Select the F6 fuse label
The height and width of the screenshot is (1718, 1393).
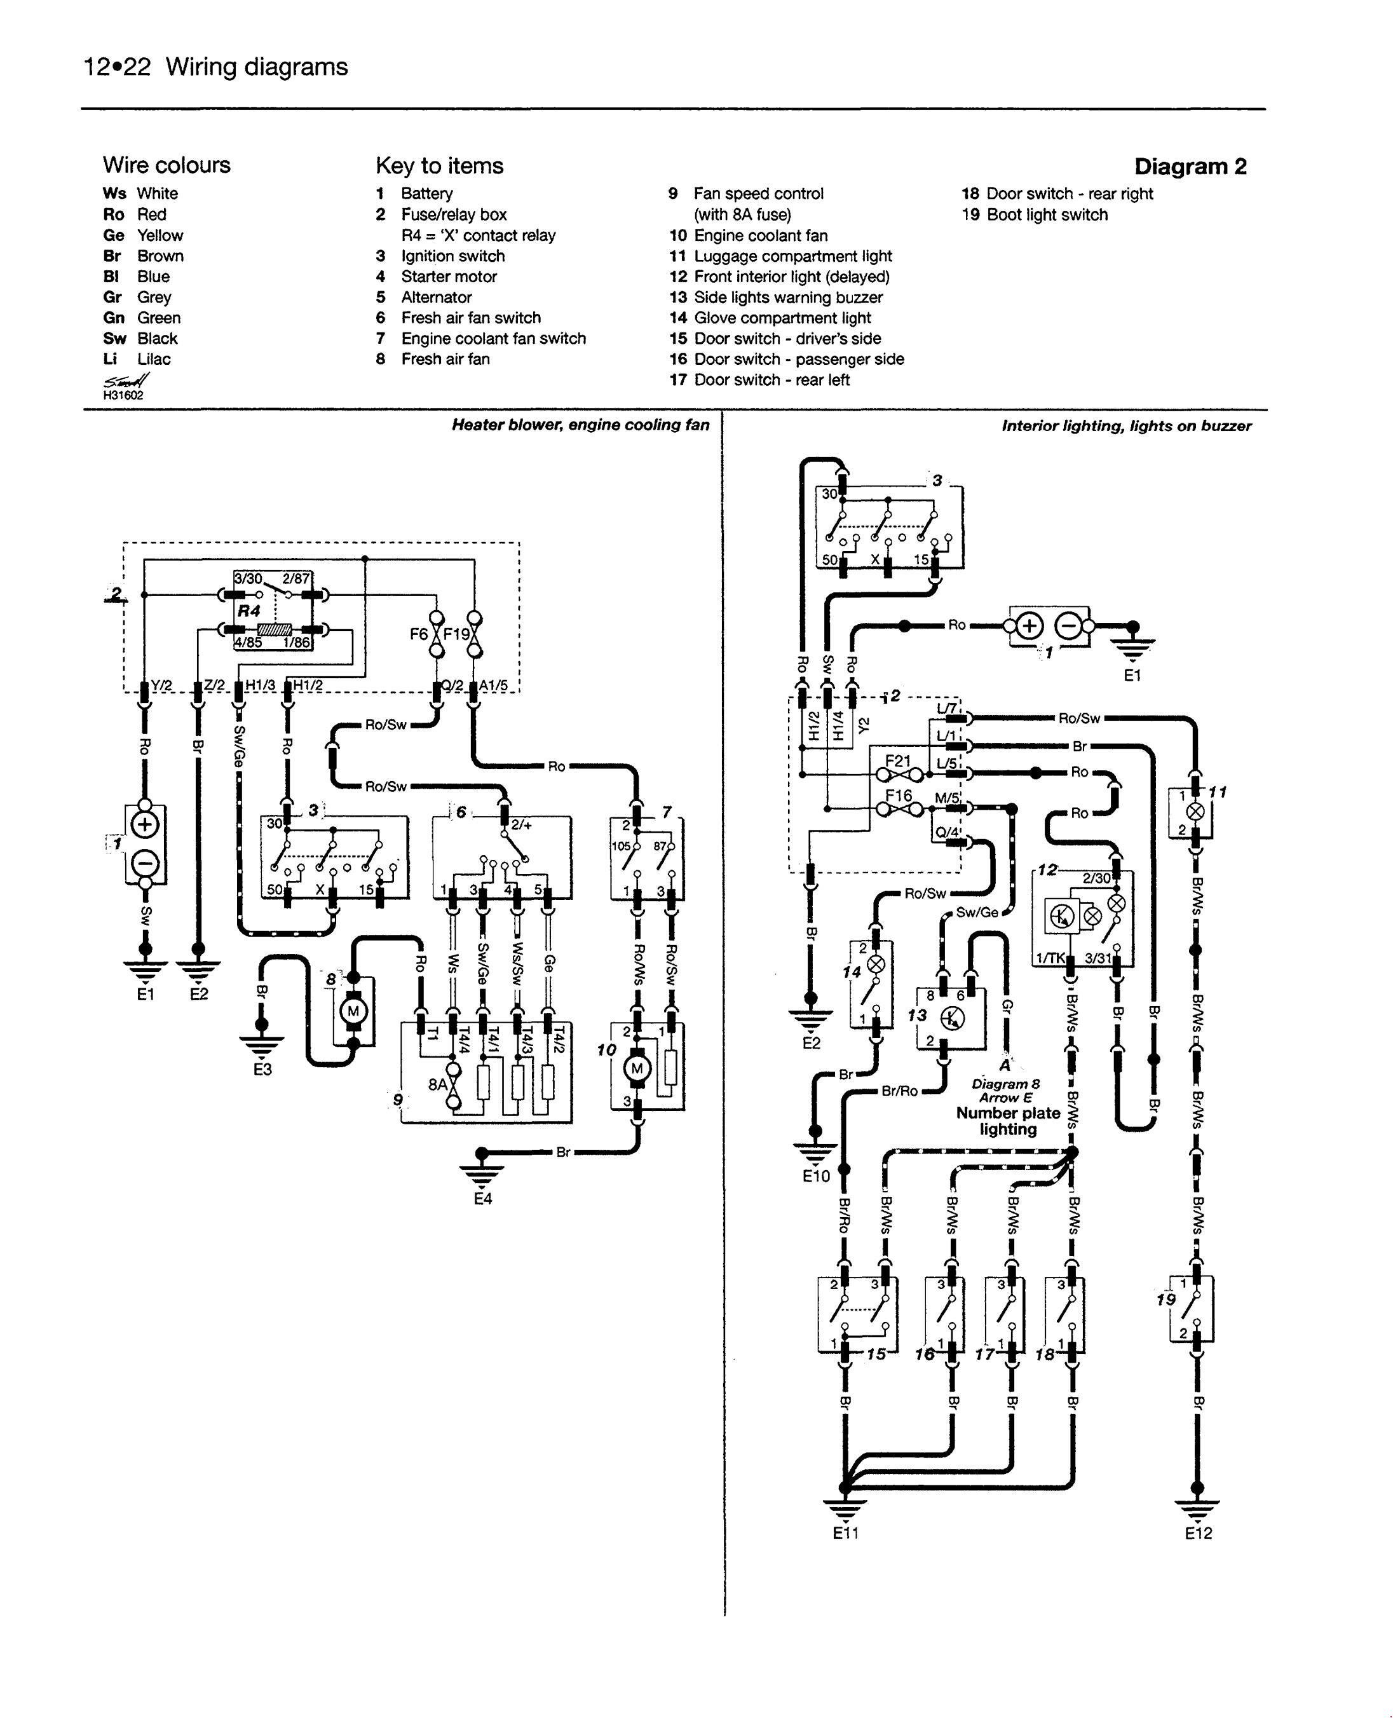click(419, 634)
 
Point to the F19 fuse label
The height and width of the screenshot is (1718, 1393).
click(456, 634)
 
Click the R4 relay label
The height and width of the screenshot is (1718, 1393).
click(250, 611)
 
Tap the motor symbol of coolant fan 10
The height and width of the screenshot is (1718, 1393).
click(638, 1068)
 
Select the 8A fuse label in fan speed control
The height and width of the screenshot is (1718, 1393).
click(437, 1085)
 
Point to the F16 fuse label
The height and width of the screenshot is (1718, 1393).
click(898, 795)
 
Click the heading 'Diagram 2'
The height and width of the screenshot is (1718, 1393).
click(1190, 167)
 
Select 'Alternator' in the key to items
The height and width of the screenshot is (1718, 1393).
click(437, 297)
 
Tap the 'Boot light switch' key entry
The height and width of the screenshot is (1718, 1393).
click(1047, 215)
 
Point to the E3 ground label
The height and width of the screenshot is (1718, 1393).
click(262, 1070)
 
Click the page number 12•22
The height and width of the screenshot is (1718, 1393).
click(117, 67)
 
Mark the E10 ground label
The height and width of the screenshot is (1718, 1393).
click(815, 1176)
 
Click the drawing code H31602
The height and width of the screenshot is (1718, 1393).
click(123, 395)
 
